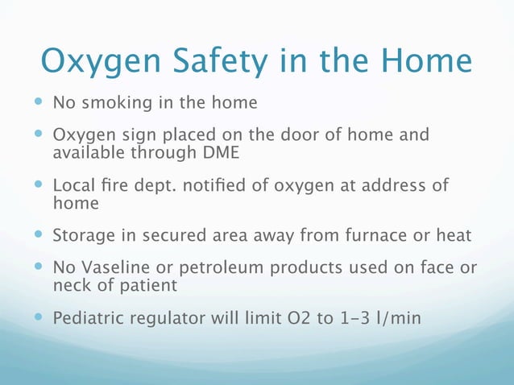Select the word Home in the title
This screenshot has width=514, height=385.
click(421, 62)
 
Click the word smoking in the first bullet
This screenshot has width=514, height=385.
click(111, 104)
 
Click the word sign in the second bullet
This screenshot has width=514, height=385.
click(126, 135)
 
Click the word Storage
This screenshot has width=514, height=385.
click(81, 236)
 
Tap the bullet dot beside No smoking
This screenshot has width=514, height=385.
click(38, 103)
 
